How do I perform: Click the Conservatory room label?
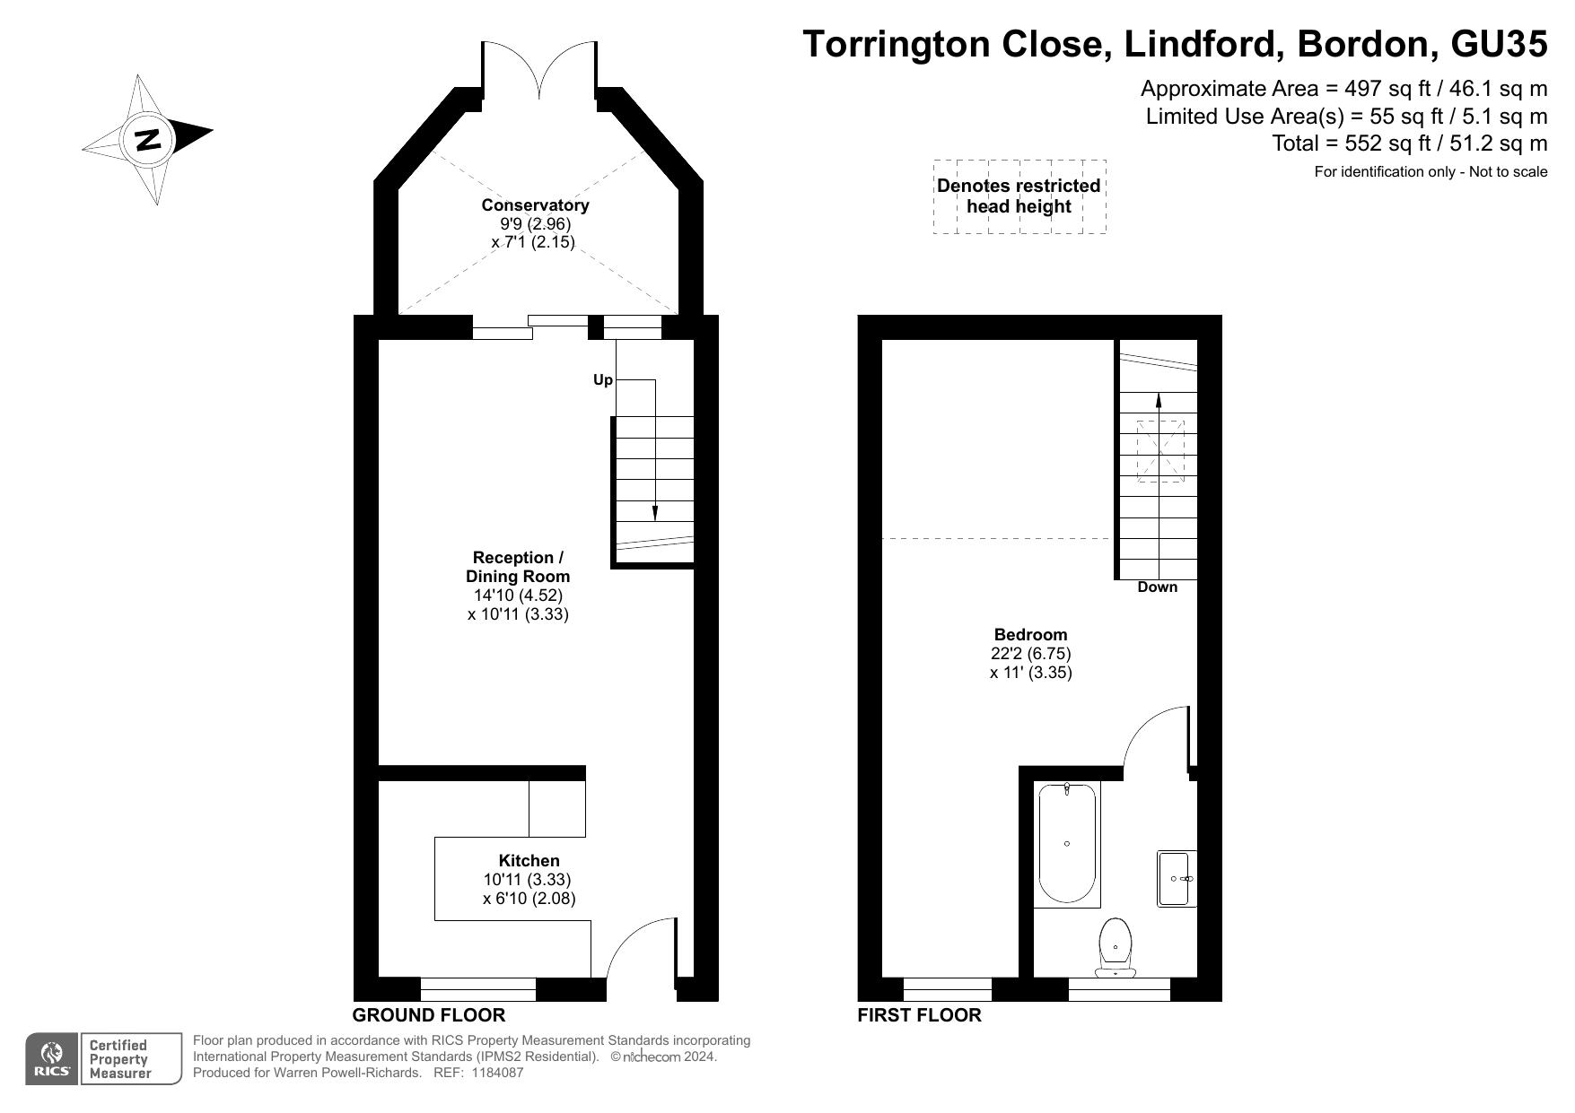535,204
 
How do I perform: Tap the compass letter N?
147,140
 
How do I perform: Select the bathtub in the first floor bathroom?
1066,843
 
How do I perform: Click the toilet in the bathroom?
1116,946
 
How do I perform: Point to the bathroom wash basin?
1176,878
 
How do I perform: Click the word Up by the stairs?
603,380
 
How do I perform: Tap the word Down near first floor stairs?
1157,587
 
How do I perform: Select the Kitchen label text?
529,861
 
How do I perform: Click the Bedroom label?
1030,635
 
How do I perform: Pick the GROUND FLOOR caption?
428,1015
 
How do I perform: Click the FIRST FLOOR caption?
919,1015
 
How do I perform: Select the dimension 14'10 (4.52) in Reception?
518,596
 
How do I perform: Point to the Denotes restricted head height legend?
1019,196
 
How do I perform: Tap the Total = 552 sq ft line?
1409,143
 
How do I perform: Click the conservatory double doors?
538,70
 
